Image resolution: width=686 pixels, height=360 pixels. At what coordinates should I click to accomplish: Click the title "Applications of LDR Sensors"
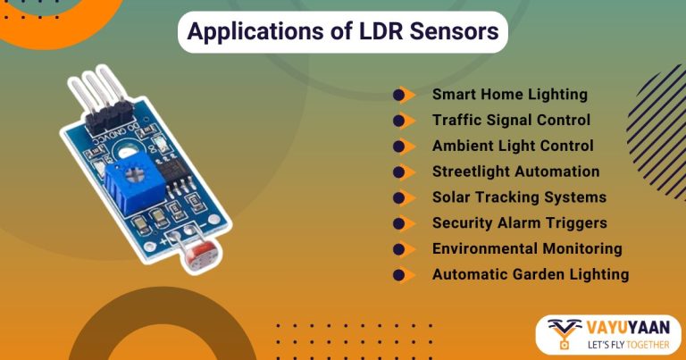pos(343,33)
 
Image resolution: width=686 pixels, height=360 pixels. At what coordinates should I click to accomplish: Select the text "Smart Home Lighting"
pos(509,94)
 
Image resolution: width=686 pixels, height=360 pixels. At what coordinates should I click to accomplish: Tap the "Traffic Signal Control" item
pos(511,120)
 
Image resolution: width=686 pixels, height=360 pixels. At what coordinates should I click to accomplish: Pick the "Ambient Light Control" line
pos(513,146)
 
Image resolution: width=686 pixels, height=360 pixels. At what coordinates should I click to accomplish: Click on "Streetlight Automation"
pos(515,172)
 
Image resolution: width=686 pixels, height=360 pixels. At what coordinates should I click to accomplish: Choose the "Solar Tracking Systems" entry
pos(519,197)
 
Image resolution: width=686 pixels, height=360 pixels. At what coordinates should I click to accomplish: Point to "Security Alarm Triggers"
pos(519,223)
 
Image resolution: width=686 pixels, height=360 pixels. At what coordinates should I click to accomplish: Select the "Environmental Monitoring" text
pos(527,249)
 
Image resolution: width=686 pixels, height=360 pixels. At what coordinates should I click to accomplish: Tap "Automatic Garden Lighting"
pos(531,275)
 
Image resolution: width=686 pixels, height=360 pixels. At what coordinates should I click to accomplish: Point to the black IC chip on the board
pos(176,180)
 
